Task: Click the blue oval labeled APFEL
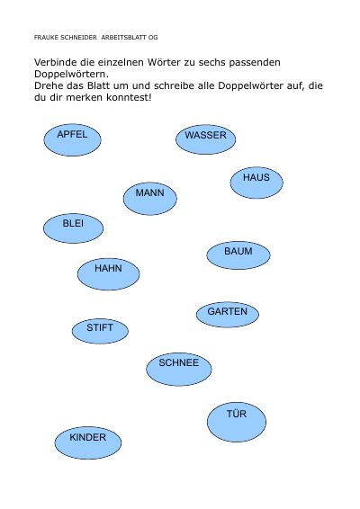pos(73,140)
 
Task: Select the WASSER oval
pos(206,139)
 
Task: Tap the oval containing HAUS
pos(256,183)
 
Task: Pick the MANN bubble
pos(150,199)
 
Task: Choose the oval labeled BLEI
pos(74,228)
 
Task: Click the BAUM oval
pos(238,255)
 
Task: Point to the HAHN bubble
pos(109,274)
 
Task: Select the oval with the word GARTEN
pos(228,315)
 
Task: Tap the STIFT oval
pos(100,331)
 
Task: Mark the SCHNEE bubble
pos(179,369)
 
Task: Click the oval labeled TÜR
pos(237,422)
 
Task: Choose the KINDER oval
pos(88,442)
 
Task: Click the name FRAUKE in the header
pos(46,38)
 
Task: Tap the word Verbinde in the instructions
pos(55,62)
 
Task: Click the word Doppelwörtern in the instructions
pos(71,74)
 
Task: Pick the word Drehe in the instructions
pos(48,85)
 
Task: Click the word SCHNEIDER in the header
pos(78,38)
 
